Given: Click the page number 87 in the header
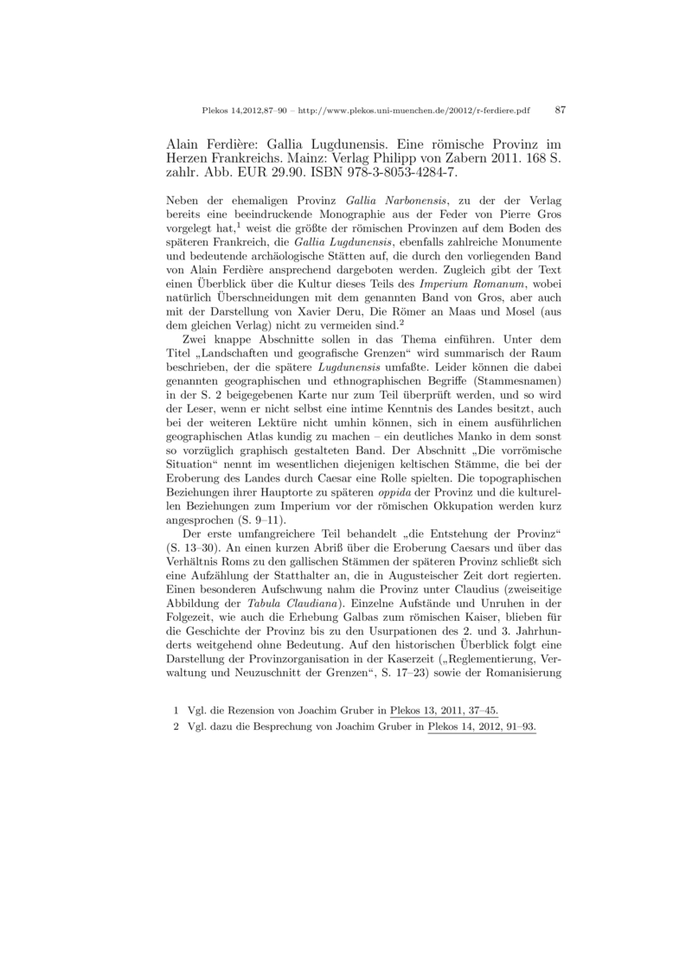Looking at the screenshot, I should point(560,111).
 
